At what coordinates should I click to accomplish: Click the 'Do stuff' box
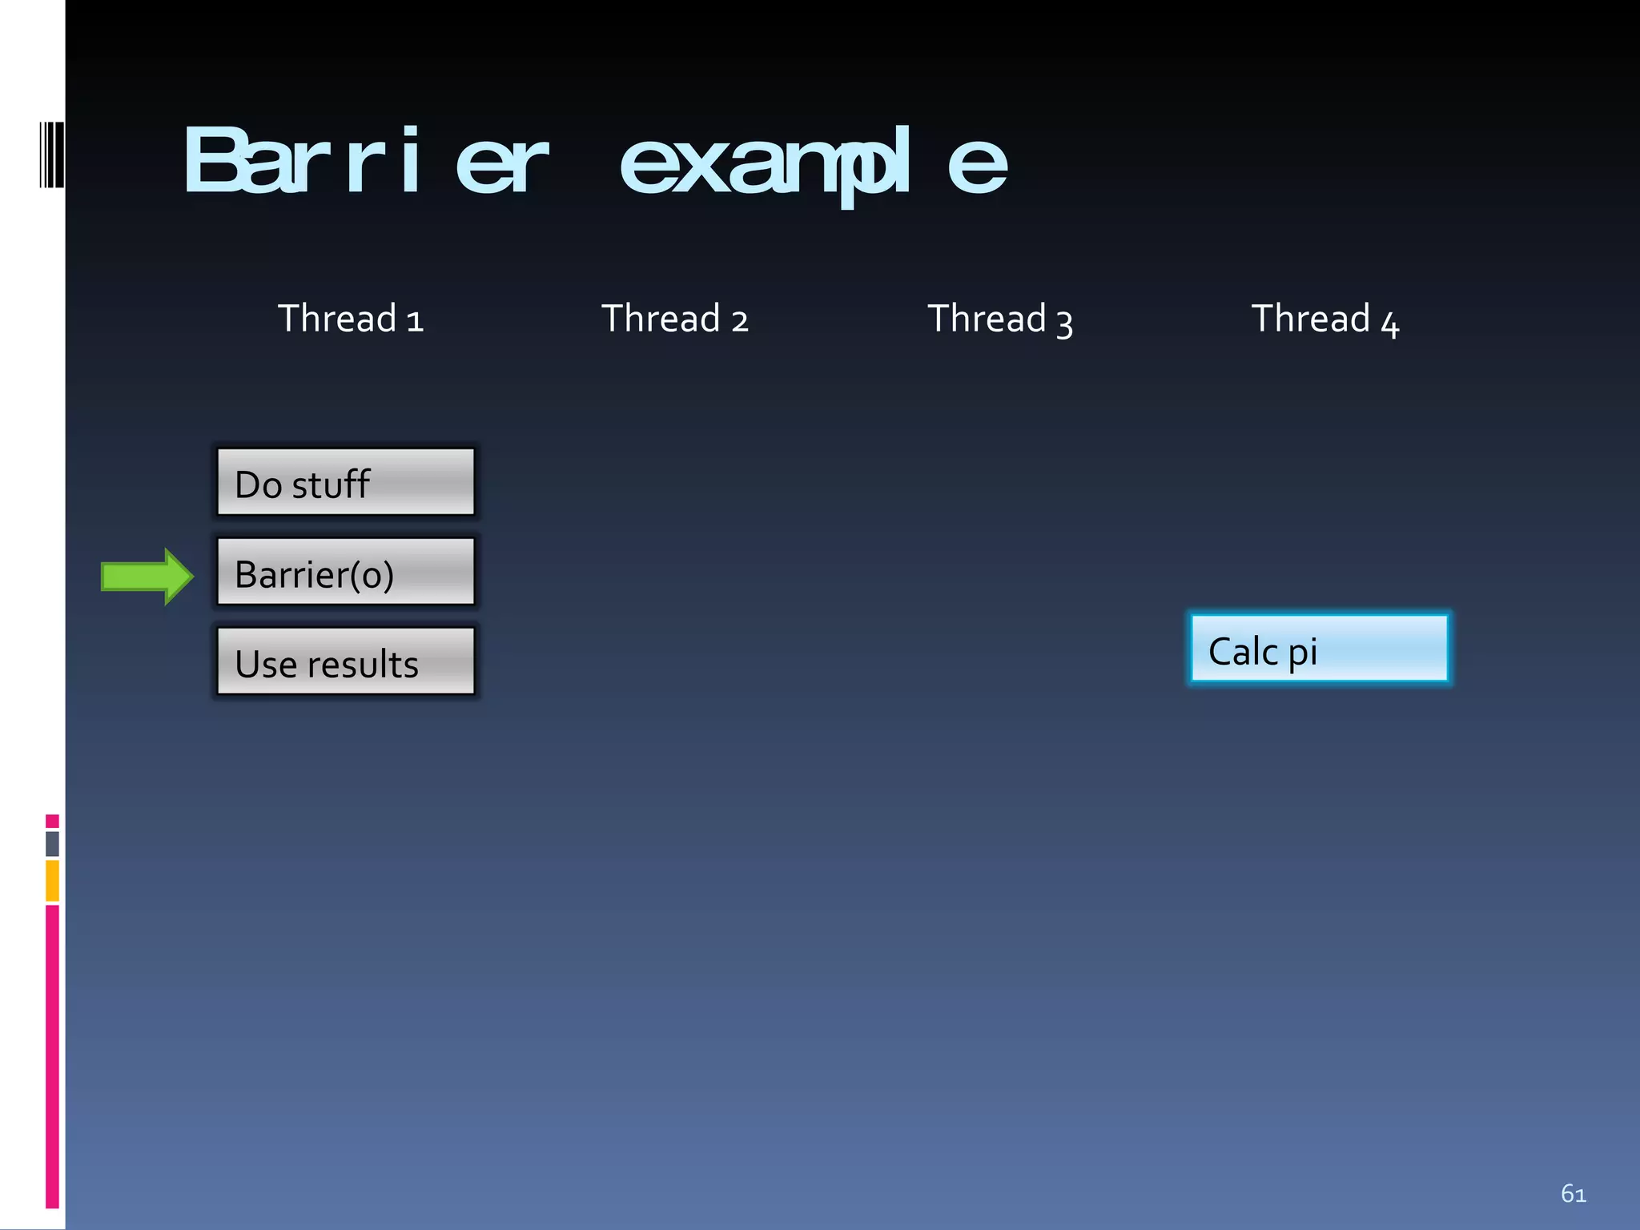coord(345,482)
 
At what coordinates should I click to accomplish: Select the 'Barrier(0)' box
coord(345,572)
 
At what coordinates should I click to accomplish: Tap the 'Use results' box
coord(345,661)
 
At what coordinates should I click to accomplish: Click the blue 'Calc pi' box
coord(1319,649)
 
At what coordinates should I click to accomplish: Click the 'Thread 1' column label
coord(350,319)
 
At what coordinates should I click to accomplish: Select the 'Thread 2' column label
coord(674,319)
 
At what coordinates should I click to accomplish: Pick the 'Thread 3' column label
coord(999,319)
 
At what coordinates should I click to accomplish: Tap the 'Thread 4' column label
coord(1324,319)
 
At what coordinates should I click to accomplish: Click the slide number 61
coord(1573,1194)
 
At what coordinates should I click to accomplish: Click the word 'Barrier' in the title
coord(365,162)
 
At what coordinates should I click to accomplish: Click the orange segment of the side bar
coord(52,880)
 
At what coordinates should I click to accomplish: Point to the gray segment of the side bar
coord(52,843)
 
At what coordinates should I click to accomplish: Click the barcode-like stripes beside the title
coord(51,155)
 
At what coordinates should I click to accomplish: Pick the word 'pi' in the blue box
coord(1302,653)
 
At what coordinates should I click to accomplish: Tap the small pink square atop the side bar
coord(52,821)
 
